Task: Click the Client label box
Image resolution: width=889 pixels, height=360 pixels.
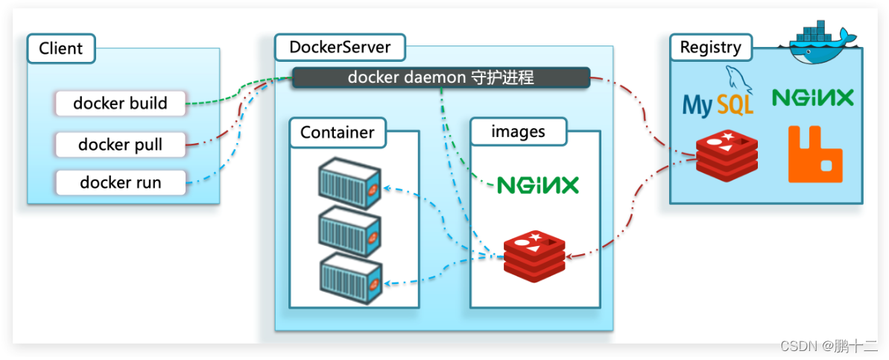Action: click(x=61, y=48)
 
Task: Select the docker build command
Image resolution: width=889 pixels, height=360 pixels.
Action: click(x=120, y=104)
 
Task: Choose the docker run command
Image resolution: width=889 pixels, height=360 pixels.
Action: click(x=120, y=183)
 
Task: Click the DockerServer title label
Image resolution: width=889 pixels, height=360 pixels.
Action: click(x=339, y=48)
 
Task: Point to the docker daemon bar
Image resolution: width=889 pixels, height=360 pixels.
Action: click(x=440, y=78)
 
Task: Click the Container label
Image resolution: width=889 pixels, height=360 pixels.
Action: click(x=337, y=133)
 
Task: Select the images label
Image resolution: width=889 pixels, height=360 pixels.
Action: click(x=518, y=132)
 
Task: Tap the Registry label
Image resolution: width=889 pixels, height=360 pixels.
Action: click(x=710, y=48)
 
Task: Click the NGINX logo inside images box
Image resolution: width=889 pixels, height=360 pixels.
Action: click(x=537, y=184)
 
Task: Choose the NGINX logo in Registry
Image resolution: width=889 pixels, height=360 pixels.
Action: click(x=812, y=97)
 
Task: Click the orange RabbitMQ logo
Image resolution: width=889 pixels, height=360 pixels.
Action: click(x=815, y=154)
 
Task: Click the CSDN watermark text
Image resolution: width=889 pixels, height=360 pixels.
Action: click(x=829, y=346)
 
